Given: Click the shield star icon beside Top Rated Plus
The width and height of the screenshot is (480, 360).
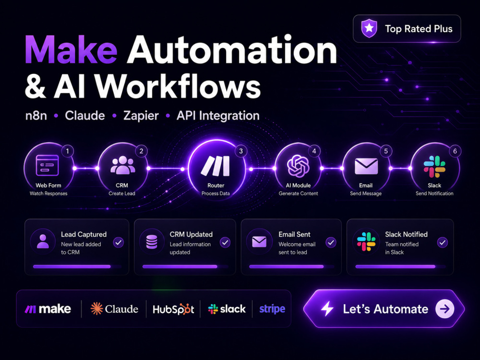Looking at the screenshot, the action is [x=369, y=28].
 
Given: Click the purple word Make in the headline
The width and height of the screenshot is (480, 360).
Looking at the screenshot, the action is [x=71, y=50].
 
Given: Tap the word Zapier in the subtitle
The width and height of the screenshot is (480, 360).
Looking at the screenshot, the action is [x=141, y=116].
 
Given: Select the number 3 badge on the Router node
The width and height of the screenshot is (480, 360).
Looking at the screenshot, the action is [x=241, y=151].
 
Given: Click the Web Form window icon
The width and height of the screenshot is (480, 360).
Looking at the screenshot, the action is [x=48, y=165].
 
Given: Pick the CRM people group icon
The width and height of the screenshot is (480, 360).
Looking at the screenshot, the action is [x=122, y=165].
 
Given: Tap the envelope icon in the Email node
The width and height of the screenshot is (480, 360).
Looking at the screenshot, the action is [x=366, y=166].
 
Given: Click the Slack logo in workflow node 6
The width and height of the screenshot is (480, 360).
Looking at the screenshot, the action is [x=434, y=167].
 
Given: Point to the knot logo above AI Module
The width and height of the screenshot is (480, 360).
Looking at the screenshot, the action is [x=298, y=166].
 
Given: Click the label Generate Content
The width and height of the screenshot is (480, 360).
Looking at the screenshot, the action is [x=298, y=193].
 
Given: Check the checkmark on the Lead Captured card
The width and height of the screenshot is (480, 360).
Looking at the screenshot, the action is [x=119, y=242].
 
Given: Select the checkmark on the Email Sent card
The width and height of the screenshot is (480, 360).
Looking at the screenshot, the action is [x=331, y=242].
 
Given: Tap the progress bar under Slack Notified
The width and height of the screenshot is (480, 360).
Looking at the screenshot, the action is [x=395, y=266].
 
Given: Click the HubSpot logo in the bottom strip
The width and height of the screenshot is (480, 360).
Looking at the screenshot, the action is [x=173, y=309].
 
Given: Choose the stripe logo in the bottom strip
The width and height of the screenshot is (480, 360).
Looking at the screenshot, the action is [x=272, y=309].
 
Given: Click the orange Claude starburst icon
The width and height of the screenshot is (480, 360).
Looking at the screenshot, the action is [x=97, y=309].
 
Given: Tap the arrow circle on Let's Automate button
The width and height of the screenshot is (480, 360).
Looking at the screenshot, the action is [x=445, y=309].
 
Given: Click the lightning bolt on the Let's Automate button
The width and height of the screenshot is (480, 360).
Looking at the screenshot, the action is [x=327, y=309].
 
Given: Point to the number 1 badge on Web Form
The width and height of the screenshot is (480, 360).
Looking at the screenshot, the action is [x=68, y=151].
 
